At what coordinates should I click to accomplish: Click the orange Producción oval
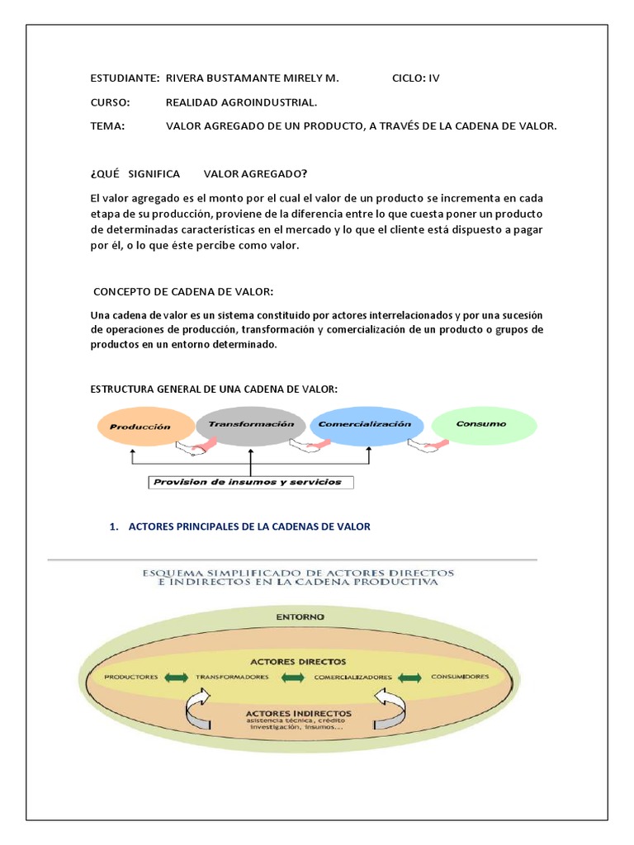[145, 427]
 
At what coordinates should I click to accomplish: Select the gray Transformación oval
[251, 424]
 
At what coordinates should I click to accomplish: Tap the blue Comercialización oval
[365, 424]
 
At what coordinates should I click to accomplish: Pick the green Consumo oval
[484, 424]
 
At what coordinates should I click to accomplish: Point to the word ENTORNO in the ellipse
[300, 616]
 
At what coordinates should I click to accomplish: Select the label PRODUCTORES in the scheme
[131, 677]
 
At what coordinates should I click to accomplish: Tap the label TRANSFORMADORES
[233, 677]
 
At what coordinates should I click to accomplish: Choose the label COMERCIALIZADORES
[352, 677]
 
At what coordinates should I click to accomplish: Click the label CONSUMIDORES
[460, 677]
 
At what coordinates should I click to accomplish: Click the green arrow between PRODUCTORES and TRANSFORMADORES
[177, 677]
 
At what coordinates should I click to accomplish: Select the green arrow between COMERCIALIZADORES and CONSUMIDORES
[410, 677]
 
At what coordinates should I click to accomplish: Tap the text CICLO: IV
[415, 78]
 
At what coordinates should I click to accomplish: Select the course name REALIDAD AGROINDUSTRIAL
[241, 102]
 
